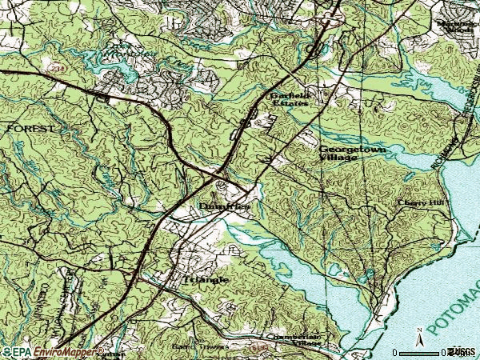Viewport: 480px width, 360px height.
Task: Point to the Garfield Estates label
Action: [x=289, y=99]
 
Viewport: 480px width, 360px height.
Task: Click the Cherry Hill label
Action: [x=419, y=203]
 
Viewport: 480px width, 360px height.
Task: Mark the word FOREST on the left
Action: [x=31, y=128]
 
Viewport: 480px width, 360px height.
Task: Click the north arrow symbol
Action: [x=418, y=335]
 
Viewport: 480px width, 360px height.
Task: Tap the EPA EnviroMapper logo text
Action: [x=56, y=351]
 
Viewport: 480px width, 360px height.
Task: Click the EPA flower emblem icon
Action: [x=6, y=351]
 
